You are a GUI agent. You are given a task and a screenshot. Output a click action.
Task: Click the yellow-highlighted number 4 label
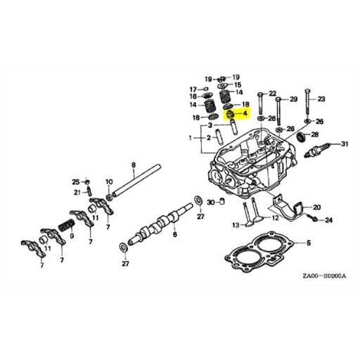[x=244, y=112]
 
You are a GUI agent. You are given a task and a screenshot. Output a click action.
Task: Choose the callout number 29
[x=294, y=98]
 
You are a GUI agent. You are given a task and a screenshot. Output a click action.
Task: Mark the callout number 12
[x=276, y=218]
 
